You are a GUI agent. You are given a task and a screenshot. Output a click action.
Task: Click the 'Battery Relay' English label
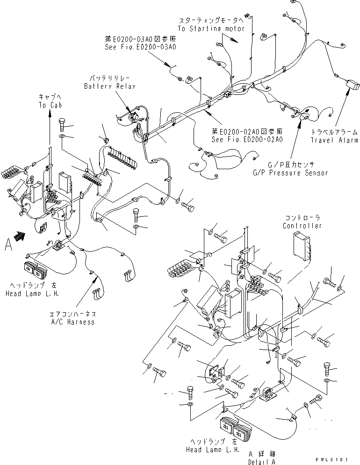(110, 86)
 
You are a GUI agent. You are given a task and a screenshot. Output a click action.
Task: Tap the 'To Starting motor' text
(211, 29)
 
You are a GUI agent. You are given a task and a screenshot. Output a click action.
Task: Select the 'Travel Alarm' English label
(334, 139)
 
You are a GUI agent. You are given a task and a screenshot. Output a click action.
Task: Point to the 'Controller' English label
(302, 226)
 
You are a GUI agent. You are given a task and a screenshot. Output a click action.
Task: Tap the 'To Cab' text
(49, 106)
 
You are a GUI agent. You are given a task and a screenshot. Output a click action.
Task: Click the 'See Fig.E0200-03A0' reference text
(141, 47)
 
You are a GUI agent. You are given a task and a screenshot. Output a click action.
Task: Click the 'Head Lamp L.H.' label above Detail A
(215, 449)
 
